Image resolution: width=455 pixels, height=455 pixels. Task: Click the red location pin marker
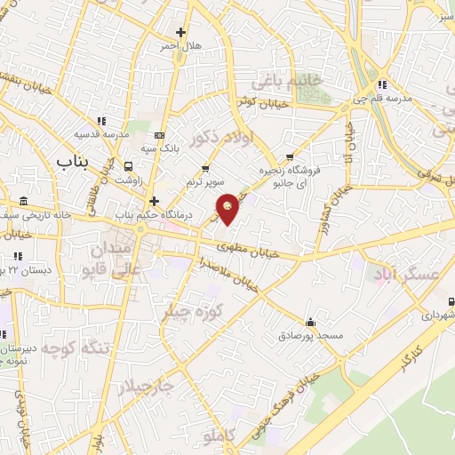tap(228, 207)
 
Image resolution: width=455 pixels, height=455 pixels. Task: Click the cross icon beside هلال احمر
tap(181, 32)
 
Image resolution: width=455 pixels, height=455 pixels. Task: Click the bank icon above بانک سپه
tap(159, 135)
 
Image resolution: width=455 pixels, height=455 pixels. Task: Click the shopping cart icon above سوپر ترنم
tap(206, 168)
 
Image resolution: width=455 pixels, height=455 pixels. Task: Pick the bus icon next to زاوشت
tap(129, 165)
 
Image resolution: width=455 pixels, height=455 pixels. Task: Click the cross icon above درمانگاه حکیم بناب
tap(154, 201)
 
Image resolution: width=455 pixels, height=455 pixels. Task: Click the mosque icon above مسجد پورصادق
tap(309, 322)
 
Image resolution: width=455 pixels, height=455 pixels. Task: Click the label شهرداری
tap(438, 315)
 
